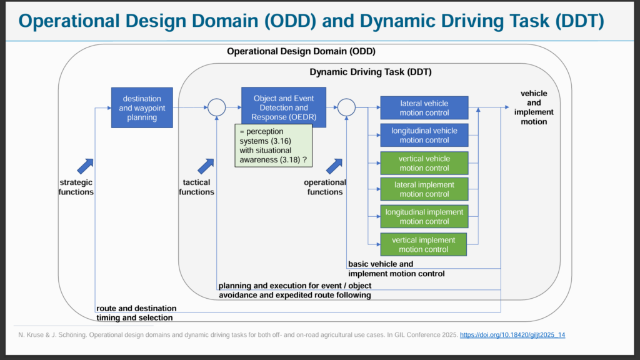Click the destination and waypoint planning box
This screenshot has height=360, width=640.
142,107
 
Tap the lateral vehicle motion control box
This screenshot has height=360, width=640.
424,107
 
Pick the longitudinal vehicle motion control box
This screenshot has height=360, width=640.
424,135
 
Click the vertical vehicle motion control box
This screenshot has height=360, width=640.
424,163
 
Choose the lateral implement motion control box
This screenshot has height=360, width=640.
424,189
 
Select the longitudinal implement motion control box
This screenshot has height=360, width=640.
424,216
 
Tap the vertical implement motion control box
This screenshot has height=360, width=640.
423,244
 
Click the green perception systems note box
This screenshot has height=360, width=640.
274,146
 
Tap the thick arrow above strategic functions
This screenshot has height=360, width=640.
85,166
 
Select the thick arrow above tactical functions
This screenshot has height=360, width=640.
206,166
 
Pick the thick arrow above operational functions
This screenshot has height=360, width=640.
334,166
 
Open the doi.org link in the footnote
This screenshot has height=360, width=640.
512,335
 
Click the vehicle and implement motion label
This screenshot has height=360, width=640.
534,107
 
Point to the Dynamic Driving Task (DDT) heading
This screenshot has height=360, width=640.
371,72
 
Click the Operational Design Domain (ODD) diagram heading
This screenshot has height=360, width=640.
301,51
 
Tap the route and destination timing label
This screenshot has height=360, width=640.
136,312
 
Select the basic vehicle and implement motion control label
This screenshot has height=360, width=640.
396,269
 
